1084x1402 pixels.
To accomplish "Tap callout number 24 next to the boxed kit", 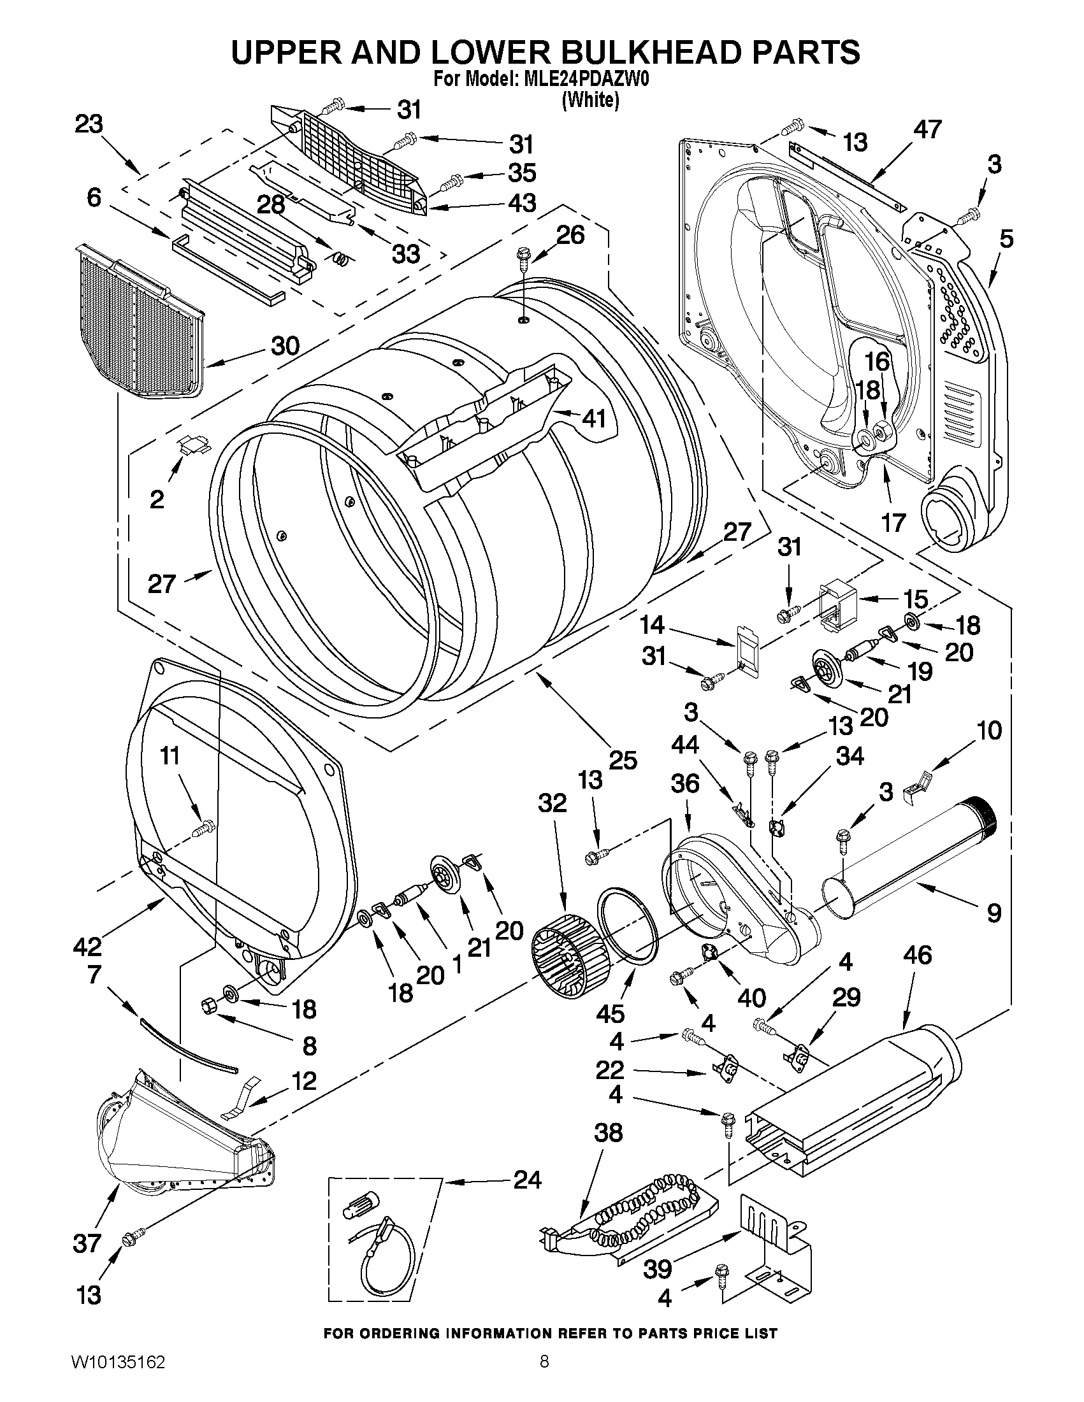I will point(527,1180).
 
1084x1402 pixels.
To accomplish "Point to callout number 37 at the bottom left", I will point(87,1243).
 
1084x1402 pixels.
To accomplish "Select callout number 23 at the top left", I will point(89,124).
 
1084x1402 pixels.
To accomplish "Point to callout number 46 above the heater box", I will point(917,955).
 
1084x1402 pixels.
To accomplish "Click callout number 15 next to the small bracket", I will point(915,599).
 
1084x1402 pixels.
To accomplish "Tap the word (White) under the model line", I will point(590,100).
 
